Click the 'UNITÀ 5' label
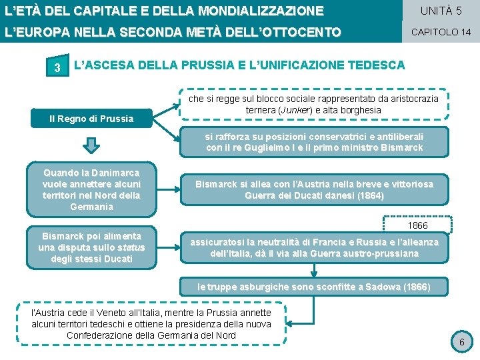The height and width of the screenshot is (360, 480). coord(440,11)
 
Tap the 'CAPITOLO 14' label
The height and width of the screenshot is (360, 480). coord(440,31)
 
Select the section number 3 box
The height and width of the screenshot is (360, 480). coord(58,67)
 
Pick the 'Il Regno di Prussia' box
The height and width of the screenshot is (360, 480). coord(91,119)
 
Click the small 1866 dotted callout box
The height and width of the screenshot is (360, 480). coord(417,226)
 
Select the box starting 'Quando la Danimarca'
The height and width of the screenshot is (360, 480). coord(91,189)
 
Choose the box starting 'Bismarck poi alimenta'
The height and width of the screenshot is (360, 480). coord(91,247)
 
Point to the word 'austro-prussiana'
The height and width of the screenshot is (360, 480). coord(383,253)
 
